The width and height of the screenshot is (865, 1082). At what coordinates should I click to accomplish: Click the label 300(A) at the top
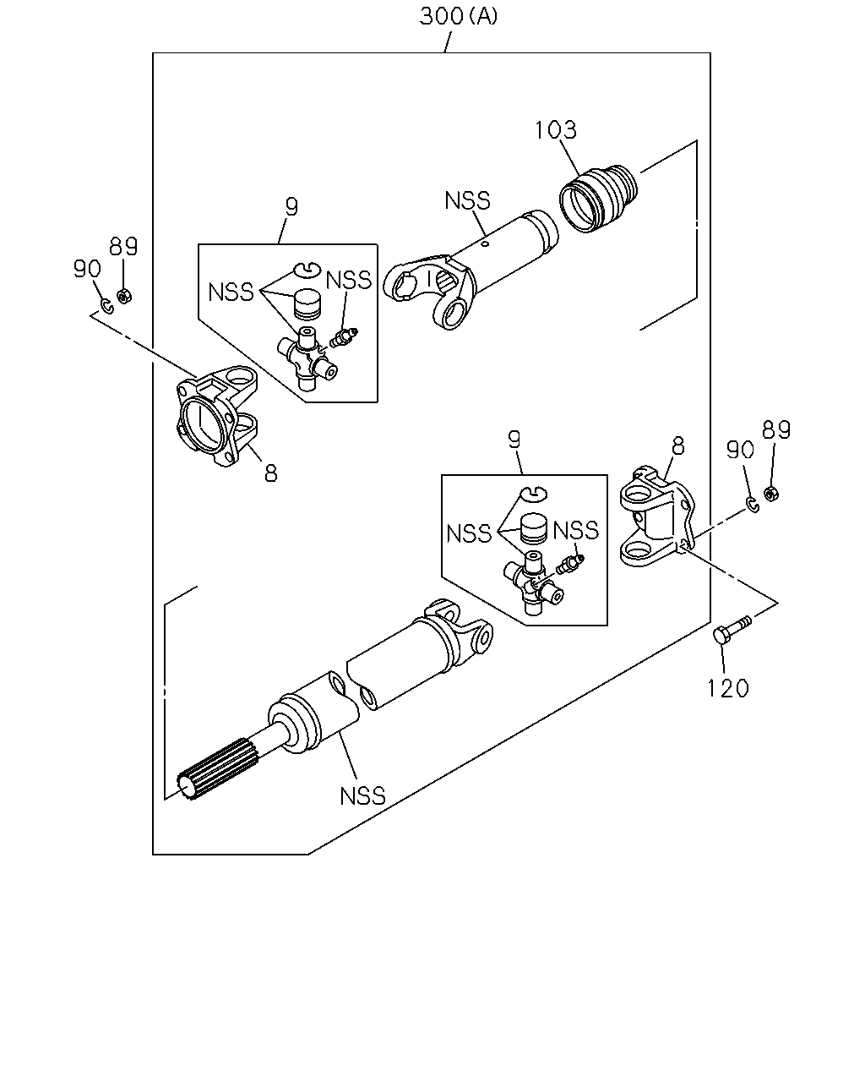(458, 17)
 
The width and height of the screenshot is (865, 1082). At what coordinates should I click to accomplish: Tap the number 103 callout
(555, 129)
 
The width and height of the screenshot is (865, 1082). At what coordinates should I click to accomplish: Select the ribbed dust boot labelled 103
(599, 198)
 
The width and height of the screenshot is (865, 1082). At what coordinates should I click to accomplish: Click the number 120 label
(728, 688)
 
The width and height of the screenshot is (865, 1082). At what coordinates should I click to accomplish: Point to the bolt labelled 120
(732, 630)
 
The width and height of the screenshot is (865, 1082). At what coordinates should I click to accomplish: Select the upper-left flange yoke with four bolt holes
(216, 415)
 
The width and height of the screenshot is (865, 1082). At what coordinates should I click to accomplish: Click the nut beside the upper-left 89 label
(123, 295)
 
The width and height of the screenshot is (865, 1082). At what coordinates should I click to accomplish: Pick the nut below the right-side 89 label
(770, 494)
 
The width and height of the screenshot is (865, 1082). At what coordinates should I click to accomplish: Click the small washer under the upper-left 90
(107, 306)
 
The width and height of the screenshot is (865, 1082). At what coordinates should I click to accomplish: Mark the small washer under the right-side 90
(753, 505)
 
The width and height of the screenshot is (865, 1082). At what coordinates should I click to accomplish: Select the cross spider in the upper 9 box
(307, 358)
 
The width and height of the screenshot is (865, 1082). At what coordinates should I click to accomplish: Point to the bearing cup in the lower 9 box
(534, 528)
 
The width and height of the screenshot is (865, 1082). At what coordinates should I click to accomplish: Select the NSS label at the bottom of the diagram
(362, 796)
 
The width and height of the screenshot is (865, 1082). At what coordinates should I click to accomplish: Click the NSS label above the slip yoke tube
(467, 200)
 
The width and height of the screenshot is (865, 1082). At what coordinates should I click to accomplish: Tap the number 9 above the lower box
(514, 440)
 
